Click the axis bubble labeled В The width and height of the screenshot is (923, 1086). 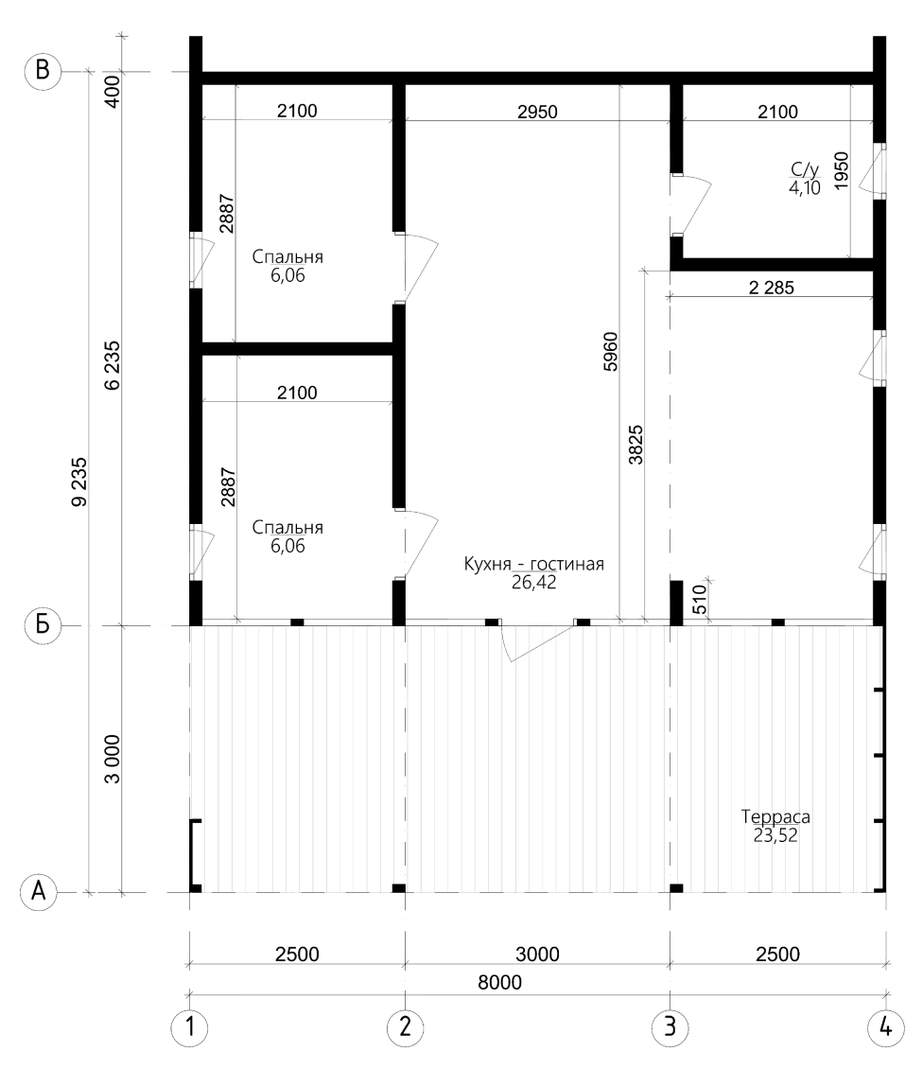point(42,72)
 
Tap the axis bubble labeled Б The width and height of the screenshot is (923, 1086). point(42,626)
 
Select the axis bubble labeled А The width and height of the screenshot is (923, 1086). point(41,891)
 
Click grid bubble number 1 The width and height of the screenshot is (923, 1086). point(190,1025)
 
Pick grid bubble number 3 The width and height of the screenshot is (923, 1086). point(670,1025)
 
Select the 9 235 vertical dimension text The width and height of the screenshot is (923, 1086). point(79,481)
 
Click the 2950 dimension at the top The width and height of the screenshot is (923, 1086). point(537,112)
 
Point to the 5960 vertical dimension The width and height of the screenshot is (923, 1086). point(610,351)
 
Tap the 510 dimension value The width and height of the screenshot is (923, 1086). point(698,602)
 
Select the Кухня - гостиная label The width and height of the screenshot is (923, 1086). point(533,565)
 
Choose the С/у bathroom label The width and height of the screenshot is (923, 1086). point(805,171)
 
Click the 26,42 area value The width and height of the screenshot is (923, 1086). point(533,583)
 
